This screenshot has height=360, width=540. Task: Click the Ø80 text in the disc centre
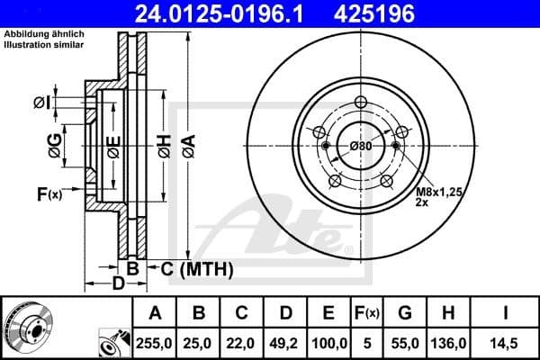pyautogui.click(x=361, y=146)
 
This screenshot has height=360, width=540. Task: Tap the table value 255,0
pyautogui.click(x=155, y=344)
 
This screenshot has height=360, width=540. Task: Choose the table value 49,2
pyautogui.click(x=285, y=344)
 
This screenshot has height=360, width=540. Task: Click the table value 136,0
pyautogui.click(x=448, y=344)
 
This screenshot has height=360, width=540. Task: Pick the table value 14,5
pyautogui.click(x=504, y=344)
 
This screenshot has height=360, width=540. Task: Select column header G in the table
pyautogui.click(x=404, y=313)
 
